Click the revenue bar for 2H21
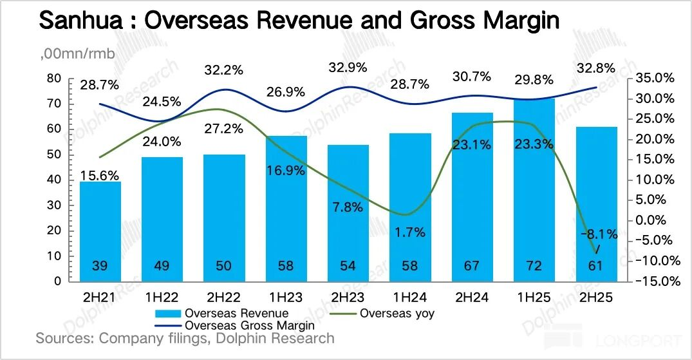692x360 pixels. [x=100, y=232]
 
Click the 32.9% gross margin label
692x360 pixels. [x=348, y=67]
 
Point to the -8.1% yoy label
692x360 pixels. [x=599, y=234]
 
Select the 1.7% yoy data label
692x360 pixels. [x=410, y=232]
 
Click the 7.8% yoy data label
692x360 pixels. [x=348, y=207]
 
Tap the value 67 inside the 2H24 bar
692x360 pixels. [x=472, y=266]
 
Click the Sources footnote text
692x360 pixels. [x=185, y=338]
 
